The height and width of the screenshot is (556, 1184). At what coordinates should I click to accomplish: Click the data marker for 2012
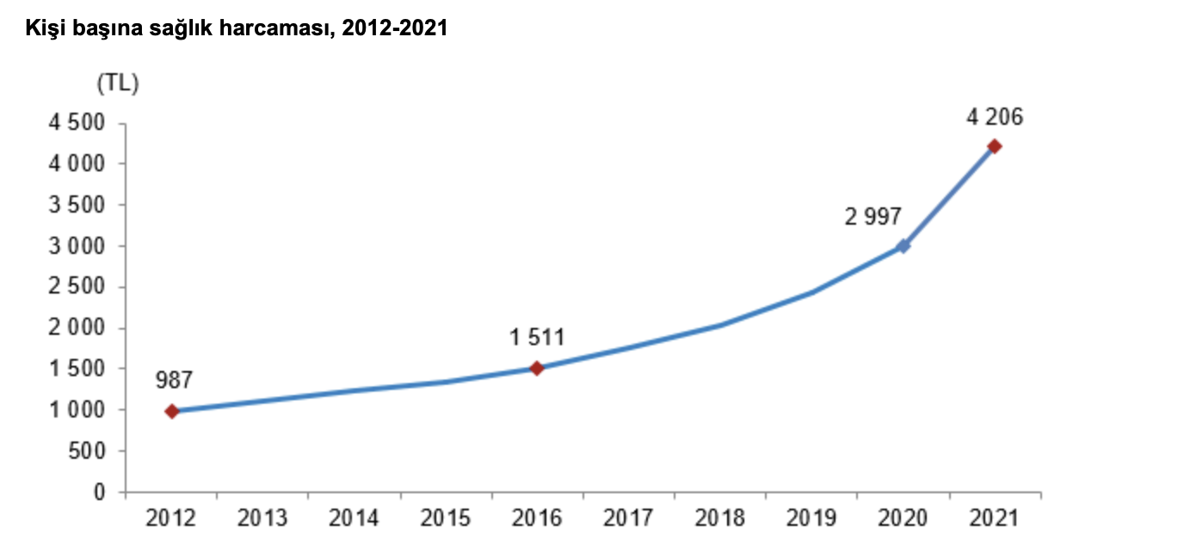172,411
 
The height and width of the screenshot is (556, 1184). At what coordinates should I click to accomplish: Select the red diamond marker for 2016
537,368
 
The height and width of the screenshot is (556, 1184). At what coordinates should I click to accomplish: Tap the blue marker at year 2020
903,246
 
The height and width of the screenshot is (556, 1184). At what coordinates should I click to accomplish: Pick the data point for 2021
995,146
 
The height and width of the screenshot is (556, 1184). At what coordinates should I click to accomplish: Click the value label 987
174,380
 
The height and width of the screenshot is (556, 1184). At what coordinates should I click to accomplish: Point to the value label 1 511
537,337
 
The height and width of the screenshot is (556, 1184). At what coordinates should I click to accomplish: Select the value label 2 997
873,216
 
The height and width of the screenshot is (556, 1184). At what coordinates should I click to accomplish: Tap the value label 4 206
995,117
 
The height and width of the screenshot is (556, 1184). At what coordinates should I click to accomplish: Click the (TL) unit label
118,83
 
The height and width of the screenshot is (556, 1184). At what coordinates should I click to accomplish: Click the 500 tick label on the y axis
90,451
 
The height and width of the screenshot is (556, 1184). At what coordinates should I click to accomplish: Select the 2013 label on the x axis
262,518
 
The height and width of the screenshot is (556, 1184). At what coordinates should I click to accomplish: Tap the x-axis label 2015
445,518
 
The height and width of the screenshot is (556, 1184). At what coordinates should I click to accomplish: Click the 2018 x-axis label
719,518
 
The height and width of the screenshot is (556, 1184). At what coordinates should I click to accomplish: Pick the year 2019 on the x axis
811,518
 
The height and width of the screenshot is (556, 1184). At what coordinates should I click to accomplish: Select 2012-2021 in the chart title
394,29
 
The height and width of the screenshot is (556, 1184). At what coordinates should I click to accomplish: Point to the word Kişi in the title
42,29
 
